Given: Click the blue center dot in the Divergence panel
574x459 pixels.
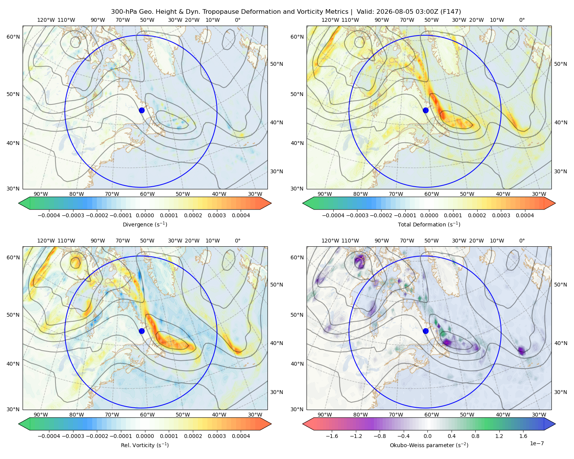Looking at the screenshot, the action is (x=142, y=110).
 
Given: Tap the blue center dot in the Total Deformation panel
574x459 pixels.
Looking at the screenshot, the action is (x=426, y=110).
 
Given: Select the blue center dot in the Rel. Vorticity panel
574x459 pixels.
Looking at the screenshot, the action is (x=142, y=331).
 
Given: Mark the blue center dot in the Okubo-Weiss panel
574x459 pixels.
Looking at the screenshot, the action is (x=426, y=331).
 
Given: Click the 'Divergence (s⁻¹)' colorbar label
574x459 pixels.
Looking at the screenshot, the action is (x=145, y=224).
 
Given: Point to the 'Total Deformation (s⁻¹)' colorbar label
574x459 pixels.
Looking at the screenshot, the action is (x=429, y=224).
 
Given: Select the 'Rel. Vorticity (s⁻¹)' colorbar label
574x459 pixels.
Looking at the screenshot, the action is (x=145, y=445).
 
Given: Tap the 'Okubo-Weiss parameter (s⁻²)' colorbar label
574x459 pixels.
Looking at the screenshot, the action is (x=429, y=445).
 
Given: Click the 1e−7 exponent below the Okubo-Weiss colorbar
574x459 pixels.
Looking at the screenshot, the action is (x=536, y=443).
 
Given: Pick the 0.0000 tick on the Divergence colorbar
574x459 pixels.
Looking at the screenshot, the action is (x=145, y=215).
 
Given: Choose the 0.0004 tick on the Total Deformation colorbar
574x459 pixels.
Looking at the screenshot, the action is (x=525, y=215).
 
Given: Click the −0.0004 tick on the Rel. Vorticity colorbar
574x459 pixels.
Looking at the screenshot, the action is (x=49, y=436).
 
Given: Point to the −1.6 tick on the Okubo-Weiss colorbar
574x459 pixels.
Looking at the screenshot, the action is (x=332, y=436).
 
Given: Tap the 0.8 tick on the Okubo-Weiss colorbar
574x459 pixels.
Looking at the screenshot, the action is (x=475, y=436).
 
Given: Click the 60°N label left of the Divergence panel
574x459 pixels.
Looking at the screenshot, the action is (x=13, y=37).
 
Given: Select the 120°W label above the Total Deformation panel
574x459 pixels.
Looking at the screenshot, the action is (x=330, y=20).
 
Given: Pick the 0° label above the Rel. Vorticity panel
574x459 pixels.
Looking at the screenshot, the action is (x=238, y=241).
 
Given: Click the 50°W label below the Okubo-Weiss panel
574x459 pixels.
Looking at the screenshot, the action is (x=467, y=415).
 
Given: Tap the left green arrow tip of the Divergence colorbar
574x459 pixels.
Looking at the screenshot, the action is (x=19, y=203).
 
